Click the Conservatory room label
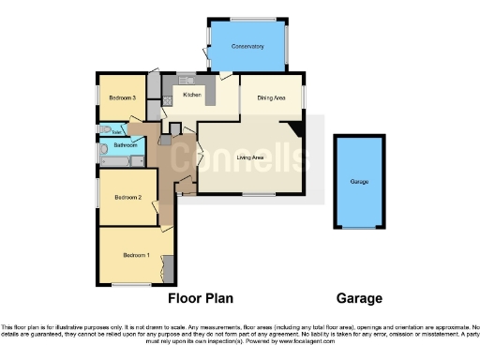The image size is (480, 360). point(247,46)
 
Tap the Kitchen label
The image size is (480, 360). point(192,95)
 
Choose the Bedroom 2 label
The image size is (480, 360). point(127,197)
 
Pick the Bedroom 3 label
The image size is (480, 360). point(122,97)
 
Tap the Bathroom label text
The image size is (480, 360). point(127,146)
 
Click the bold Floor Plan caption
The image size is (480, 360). point(200,299)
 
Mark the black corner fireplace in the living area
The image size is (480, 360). point(295,130)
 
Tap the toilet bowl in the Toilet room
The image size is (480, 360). point(105,131)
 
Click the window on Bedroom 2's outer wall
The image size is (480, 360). point(98,195)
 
